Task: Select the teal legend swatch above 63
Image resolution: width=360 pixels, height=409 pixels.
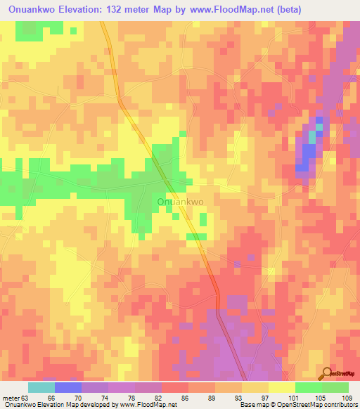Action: (x=41, y=387)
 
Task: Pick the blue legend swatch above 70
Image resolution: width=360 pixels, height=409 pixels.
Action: (x=67, y=387)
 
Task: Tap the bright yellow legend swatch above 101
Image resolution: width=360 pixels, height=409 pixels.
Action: (x=281, y=387)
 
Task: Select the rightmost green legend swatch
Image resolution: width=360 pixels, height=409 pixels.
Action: (x=335, y=387)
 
